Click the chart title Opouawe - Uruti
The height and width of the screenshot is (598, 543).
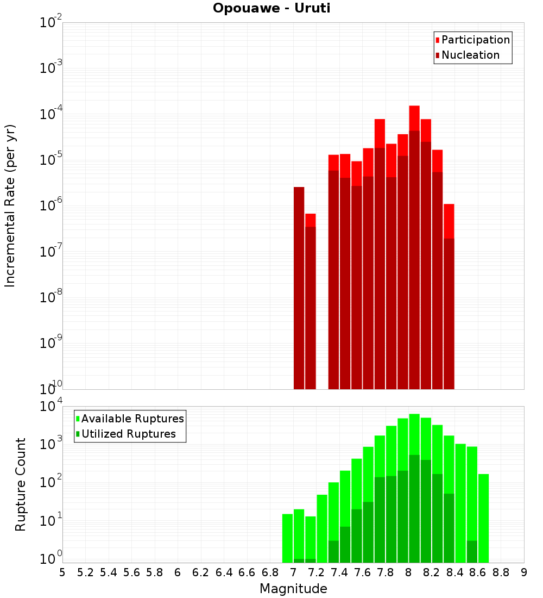point(271,9)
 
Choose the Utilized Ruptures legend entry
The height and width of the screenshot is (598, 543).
point(128,434)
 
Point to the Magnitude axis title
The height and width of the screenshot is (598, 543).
point(293,589)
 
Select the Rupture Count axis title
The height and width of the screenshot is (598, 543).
point(21,484)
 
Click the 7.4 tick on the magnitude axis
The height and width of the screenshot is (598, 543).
point(339,572)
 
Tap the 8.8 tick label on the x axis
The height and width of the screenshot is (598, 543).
point(501,572)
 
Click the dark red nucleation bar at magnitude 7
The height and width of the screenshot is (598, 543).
point(299,288)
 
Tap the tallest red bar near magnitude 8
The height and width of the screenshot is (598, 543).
point(414,117)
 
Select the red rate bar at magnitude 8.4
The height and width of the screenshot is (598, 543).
point(449,220)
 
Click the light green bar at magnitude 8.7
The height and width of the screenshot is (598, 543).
point(483,516)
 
